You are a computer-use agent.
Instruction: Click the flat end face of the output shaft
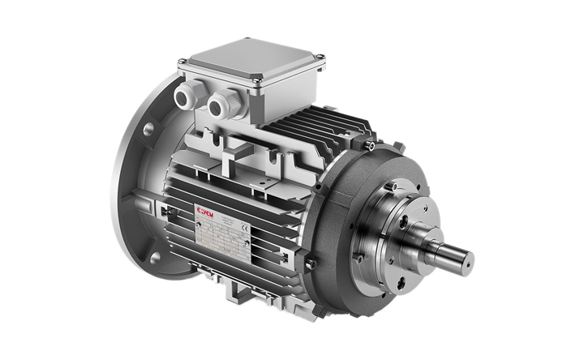coord(466,261)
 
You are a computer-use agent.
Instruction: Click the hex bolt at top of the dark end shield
coord(370,147)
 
